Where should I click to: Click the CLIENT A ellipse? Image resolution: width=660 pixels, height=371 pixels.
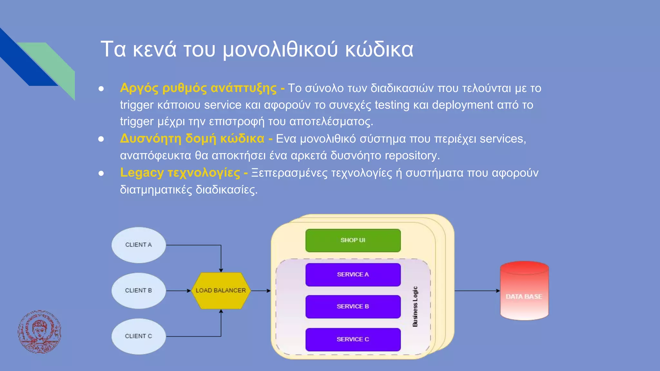(139, 245)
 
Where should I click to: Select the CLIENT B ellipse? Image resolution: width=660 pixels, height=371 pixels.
(139, 290)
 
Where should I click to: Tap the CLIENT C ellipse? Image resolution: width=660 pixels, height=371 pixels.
(139, 336)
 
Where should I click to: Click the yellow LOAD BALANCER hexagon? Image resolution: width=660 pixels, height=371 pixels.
(221, 290)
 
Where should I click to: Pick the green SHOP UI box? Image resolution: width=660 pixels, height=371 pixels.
(353, 240)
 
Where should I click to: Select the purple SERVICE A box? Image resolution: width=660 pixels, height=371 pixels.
(353, 274)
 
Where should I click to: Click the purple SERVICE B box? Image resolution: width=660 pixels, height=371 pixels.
(353, 307)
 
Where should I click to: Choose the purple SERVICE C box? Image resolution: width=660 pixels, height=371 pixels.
(353, 339)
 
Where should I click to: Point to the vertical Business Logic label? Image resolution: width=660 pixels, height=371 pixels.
(415, 307)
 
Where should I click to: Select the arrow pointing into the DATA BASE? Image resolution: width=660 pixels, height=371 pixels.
(477, 290)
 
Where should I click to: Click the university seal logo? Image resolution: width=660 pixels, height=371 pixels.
(39, 332)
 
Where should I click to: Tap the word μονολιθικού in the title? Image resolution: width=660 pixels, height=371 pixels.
(280, 50)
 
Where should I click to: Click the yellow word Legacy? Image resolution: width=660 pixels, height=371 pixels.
(142, 173)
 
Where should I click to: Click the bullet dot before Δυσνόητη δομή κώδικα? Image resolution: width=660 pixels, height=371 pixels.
(101, 139)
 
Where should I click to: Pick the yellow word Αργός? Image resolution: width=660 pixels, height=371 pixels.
(139, 88)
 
